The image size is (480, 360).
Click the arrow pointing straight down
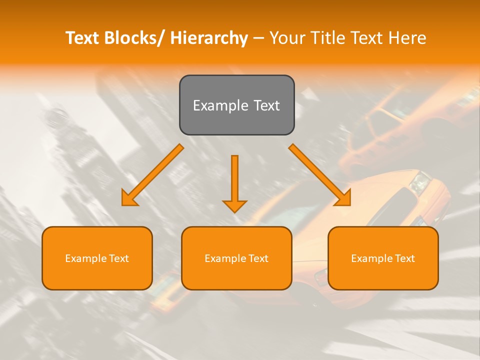234,182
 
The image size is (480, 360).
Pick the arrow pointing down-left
152,175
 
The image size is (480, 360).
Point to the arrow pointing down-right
320,175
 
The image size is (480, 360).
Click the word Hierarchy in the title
209,38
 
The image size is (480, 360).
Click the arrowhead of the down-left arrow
129,198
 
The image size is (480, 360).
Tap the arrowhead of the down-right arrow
343,198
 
